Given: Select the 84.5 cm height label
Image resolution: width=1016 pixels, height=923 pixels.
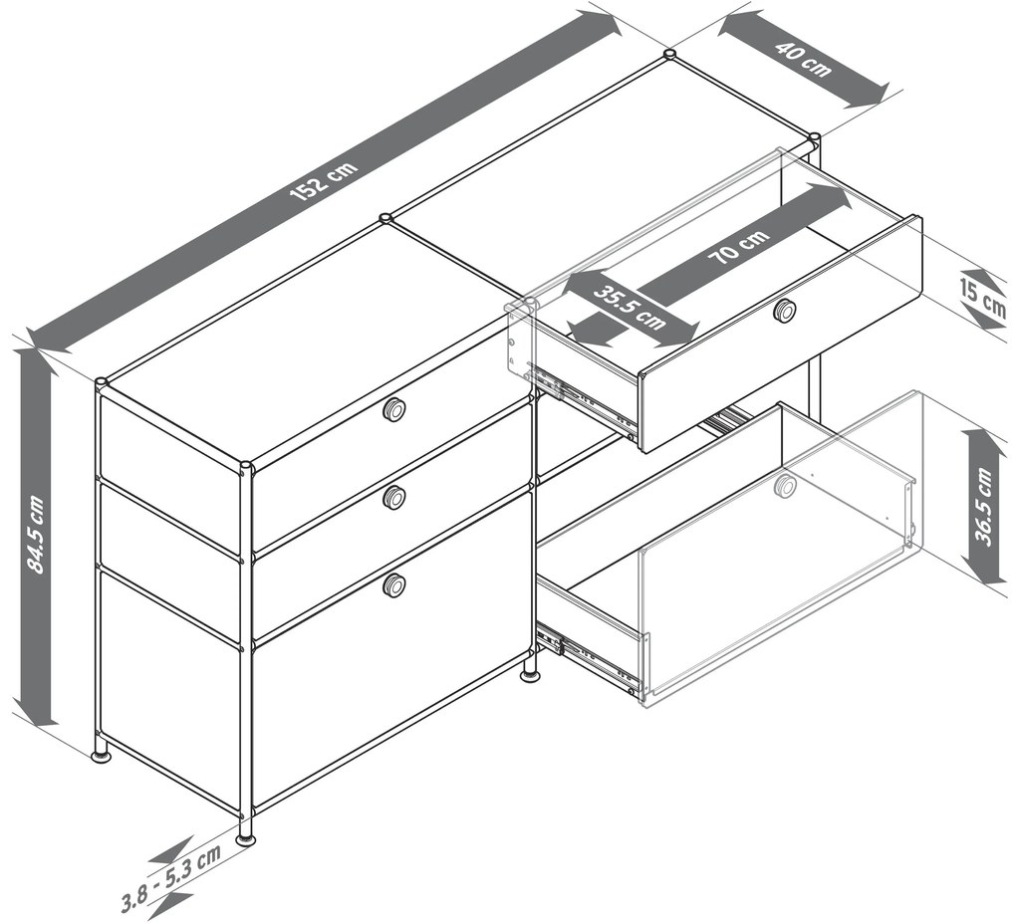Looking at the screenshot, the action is pyautogui.click(x=36, y=535).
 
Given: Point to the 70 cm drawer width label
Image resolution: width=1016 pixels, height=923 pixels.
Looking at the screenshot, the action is pyautogui.click(x=740, y=247).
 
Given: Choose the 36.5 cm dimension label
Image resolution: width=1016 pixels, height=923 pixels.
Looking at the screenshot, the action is pyautogui.click(x=983, y=507).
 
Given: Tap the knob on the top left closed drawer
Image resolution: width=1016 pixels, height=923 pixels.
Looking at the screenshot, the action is pyautogui.click(x=394, y=409).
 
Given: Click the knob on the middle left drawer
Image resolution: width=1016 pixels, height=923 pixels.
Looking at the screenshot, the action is pyautogui.click(x=394, y=498).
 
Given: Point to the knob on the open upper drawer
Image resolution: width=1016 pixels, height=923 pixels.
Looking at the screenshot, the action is pyautogui.click(x=785, y=311).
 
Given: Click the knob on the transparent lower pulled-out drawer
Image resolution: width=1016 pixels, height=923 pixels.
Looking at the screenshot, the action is pyautogui.click(x=785, y=486).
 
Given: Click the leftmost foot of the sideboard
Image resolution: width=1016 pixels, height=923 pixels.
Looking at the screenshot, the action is pyautogui.click(x=100, y=753).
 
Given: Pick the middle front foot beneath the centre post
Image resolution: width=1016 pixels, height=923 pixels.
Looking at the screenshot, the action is pyautogui.click(x=530, y=675).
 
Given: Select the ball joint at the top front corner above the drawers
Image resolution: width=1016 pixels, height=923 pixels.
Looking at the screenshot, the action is pyautogui.click(x=246, y=466).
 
